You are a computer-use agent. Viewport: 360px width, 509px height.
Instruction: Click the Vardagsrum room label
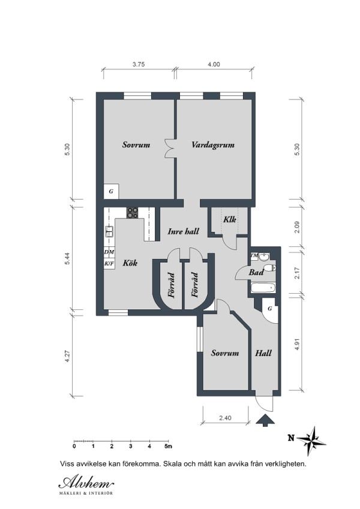point(213,144)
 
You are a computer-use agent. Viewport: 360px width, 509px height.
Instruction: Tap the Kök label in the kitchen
point(130,263)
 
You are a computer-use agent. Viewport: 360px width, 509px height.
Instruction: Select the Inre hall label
point(183,231)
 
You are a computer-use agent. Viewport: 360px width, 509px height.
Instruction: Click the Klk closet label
point(229,219)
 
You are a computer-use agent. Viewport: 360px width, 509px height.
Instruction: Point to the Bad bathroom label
point(256,272)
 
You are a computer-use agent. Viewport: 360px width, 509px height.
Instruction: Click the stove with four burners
point(132,213)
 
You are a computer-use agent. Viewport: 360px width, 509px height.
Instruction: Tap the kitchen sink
point(109,231)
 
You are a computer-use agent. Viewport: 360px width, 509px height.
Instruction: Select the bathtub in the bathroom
point(263,288)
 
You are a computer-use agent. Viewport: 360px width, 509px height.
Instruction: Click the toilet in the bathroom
point(269,268)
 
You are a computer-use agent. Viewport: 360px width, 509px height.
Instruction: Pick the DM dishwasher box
point(109,252)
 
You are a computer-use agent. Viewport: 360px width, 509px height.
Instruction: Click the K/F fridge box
point(109,264)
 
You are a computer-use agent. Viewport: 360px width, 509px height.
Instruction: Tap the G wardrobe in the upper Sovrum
point(111,191)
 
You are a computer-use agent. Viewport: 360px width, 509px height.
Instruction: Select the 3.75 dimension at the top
point(139,64)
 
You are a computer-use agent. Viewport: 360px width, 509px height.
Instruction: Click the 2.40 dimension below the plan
point(225,418)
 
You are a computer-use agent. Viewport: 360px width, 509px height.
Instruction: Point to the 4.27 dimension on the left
point(67,356)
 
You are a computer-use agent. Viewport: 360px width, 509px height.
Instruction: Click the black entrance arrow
point(265,420)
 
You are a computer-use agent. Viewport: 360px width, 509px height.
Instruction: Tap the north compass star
point(311,441)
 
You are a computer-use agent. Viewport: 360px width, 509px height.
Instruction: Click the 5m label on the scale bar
point(169,446)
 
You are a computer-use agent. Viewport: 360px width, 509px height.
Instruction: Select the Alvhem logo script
point(86,483)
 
